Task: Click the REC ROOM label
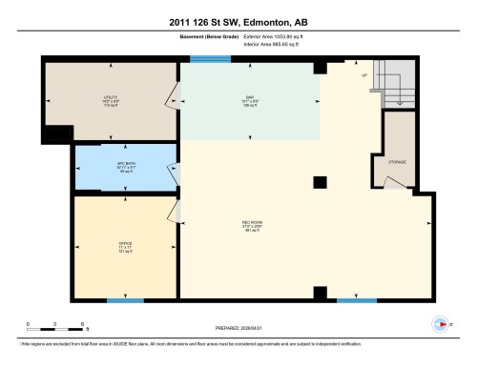[251, 226]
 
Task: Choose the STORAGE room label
[398, 162]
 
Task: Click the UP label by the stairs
[363, 75]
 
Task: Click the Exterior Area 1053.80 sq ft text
[277, 38]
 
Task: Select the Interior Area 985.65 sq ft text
[277, 46]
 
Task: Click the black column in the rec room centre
[321, 182]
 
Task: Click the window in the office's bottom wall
[125, 301]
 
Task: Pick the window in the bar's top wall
[203, 60]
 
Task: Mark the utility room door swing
[173, 95]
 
